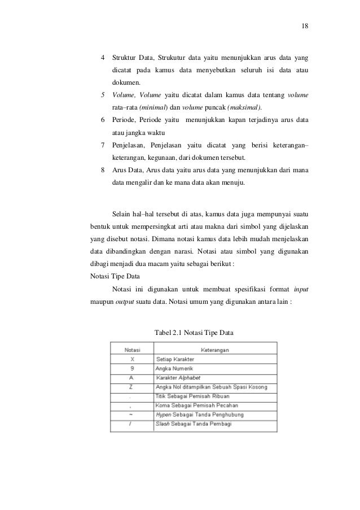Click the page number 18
[x=305, y=26]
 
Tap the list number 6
[x=102, y=120]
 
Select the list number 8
[x=102, y=170]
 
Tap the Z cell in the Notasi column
[x=132, y=387]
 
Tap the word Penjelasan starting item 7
[x=128, y=145]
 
